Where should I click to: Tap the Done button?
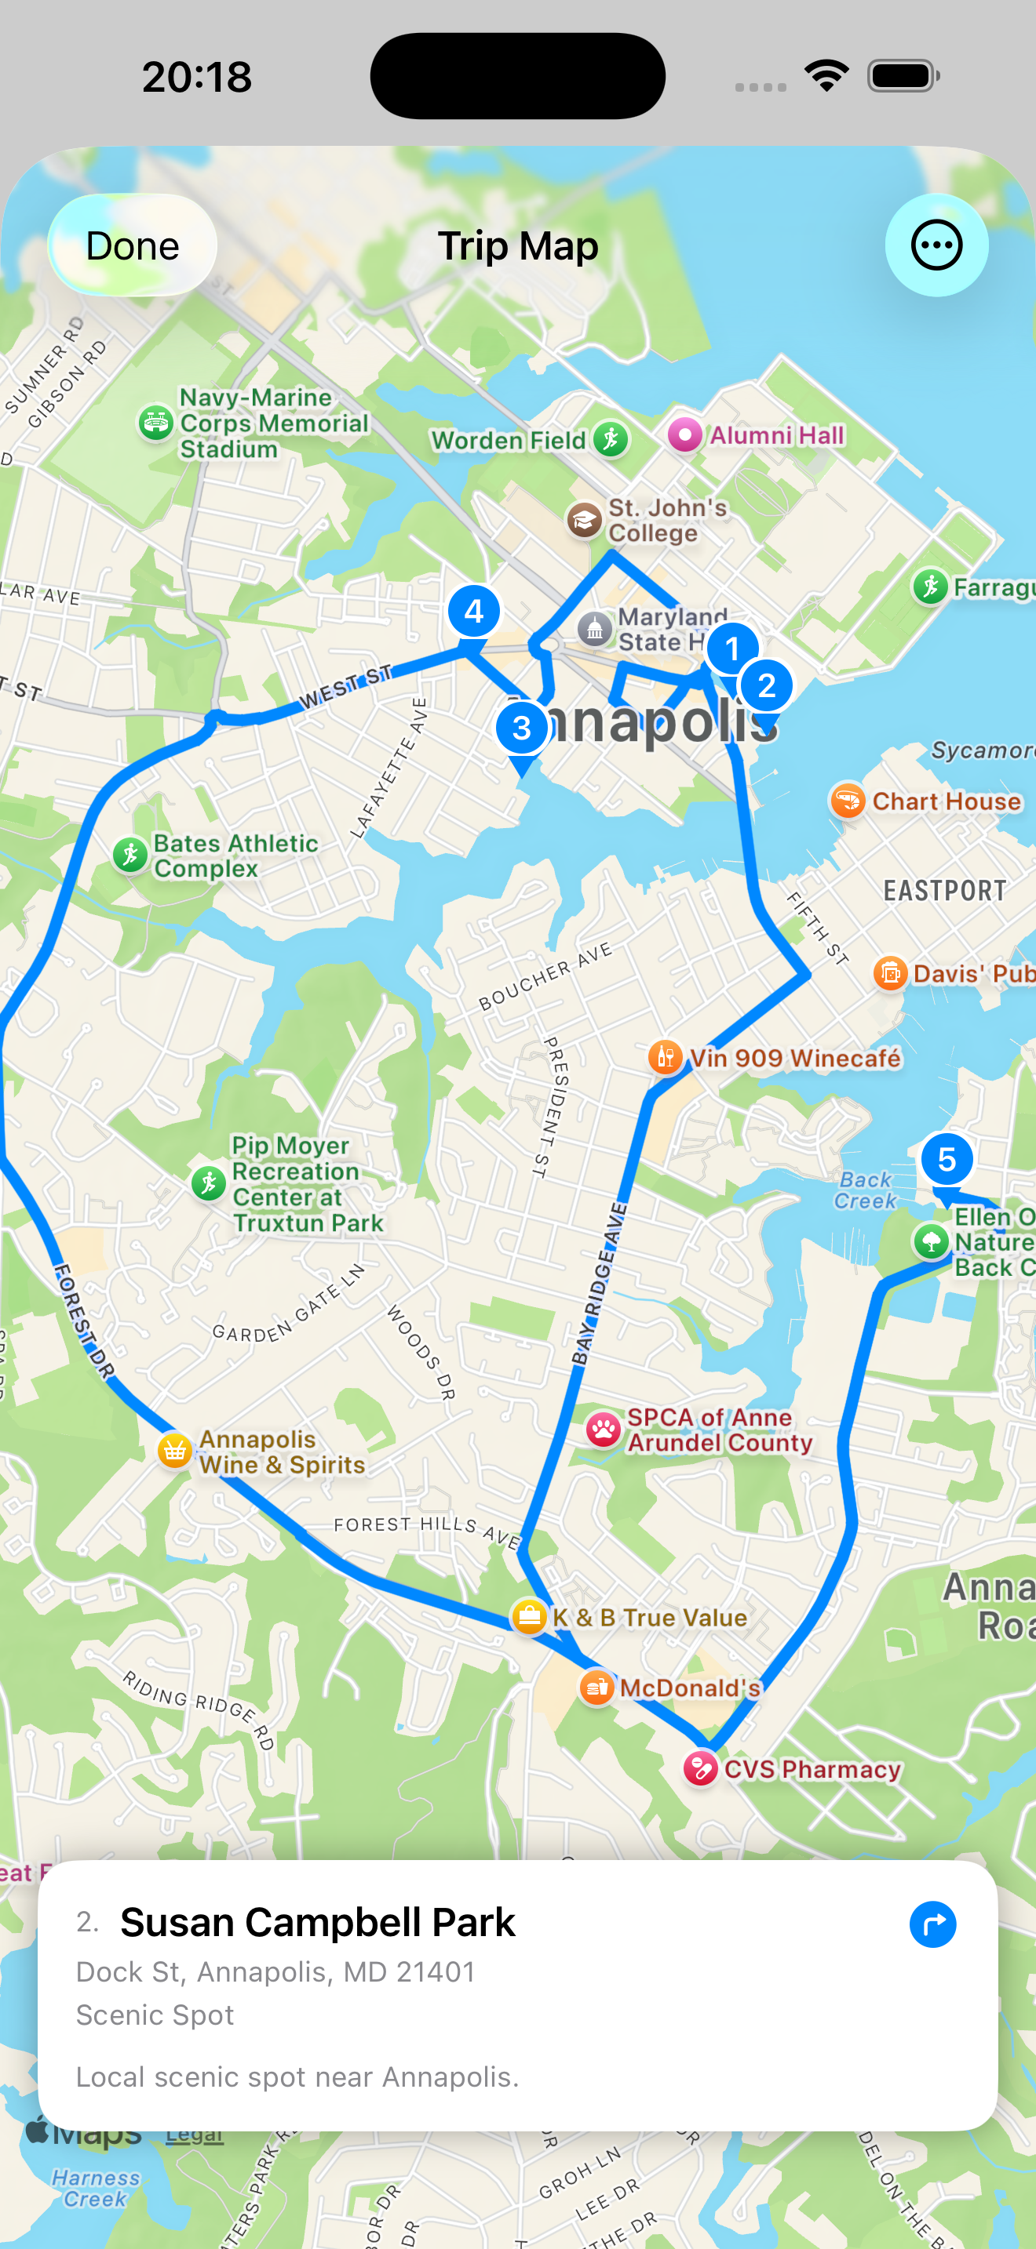[132, 245]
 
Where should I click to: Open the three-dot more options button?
[936, 245]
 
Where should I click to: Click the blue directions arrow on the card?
[932, 1924]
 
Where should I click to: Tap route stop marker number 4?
[473, 611]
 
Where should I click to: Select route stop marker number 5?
[946, 1160]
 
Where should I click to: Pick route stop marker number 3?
[521, 727]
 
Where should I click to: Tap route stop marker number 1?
[732, 649]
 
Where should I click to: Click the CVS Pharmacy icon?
[700, 1769]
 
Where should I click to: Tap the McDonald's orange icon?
[596, 1687]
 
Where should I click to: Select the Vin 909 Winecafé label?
[795, 1058]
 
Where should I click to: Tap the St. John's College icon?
[583, 521]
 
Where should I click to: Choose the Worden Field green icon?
[611, 439]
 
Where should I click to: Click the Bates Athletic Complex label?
[235, 856]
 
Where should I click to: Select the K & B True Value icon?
[529, 1617]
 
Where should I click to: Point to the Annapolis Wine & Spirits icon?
[175, 1451]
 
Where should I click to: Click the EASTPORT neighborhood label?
[944, 891]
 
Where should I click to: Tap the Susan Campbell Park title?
[318, 1923]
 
